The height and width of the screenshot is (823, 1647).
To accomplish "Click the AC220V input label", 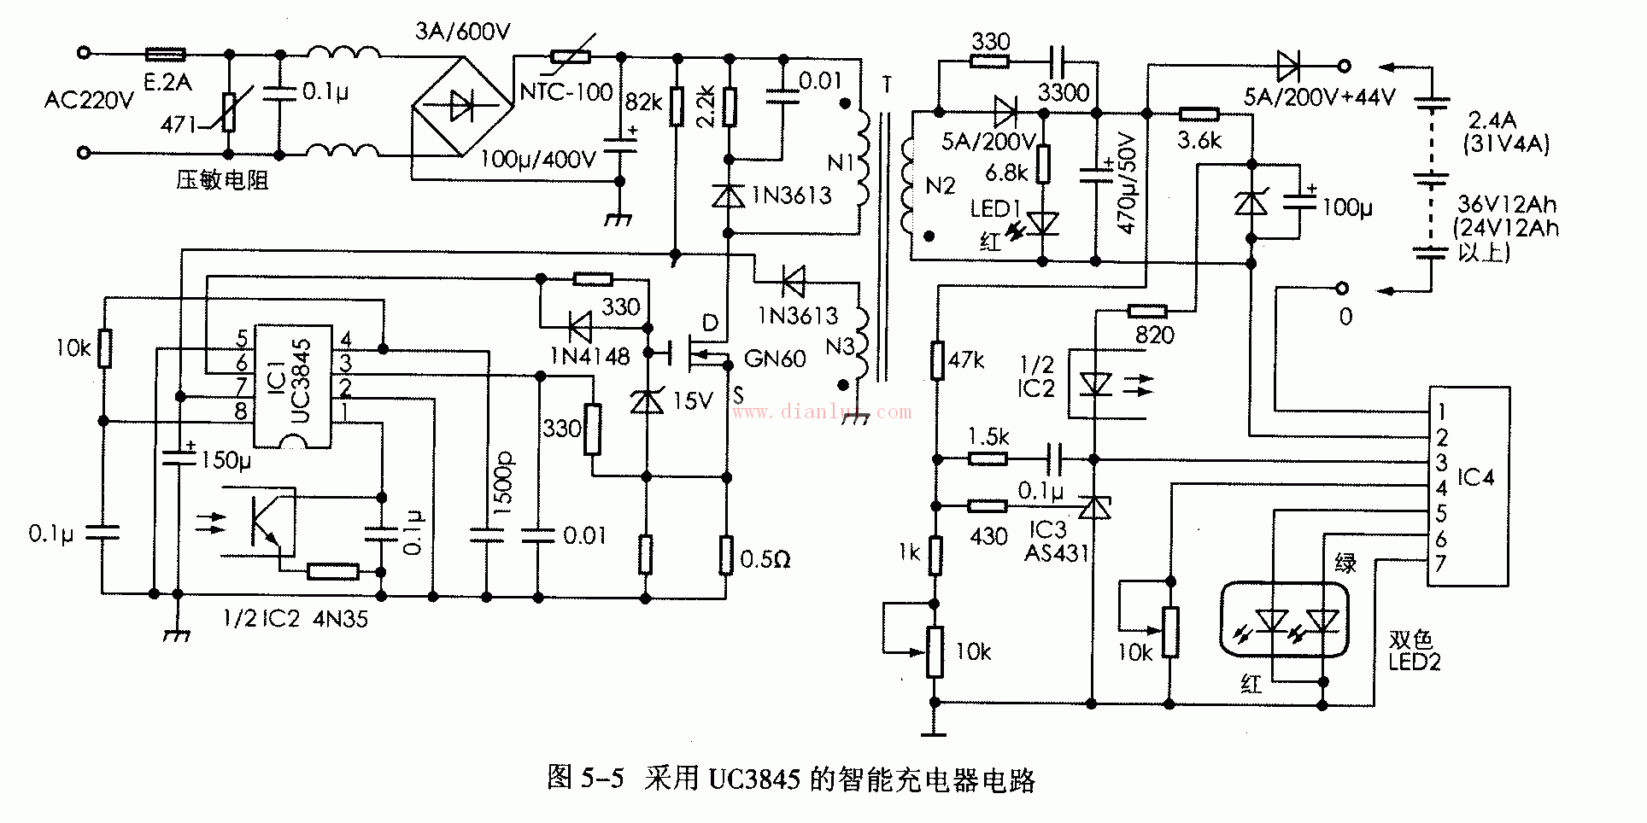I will (x=89, y=101).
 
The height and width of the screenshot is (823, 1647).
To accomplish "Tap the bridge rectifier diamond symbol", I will (x=462, y=106).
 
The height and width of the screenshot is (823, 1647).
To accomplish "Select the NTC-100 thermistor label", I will (x=566, y=91).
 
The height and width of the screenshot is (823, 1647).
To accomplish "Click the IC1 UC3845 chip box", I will (x=294, y=386).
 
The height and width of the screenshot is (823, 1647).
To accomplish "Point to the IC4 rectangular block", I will (x=1469, y=485).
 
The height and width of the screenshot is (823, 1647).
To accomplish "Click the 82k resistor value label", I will (x=643, y=102).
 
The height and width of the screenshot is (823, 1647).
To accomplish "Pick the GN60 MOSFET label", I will (x=775, y=359).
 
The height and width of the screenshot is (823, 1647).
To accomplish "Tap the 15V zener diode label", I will (x=693, y=400).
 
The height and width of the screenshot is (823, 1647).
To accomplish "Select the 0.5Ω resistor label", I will (x=765, y=560).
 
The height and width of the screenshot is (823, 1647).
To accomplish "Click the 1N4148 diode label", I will (x=589, y=356).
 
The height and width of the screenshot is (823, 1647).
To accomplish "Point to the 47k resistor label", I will (x=966, y=360).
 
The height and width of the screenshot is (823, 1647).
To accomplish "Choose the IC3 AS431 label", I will (x=1056, y=541).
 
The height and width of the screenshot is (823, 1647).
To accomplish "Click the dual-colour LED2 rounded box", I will (x=1284, y=619).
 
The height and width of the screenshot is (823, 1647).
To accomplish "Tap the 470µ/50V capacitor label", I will (x=1128, y=184).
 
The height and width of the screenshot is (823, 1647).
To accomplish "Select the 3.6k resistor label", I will (x=1199, y=141).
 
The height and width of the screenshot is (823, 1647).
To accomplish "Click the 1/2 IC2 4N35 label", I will (x=296, y=618).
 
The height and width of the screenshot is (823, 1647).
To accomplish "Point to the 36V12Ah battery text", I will (x=1507, y=205).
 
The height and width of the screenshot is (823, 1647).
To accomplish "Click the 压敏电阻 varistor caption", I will (x=222, y=180).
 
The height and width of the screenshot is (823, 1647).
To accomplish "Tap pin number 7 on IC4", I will (x=1440, y=563).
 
